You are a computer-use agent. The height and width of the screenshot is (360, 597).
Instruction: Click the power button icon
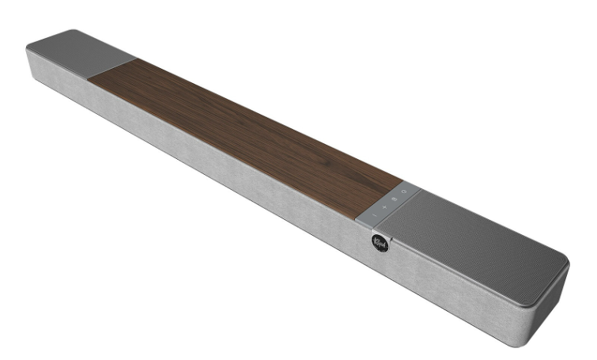[x=404, y=192]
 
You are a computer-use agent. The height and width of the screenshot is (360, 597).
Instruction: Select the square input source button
[x=395, y=199]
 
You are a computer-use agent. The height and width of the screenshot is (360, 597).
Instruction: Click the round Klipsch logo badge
[x=381, y=242]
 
